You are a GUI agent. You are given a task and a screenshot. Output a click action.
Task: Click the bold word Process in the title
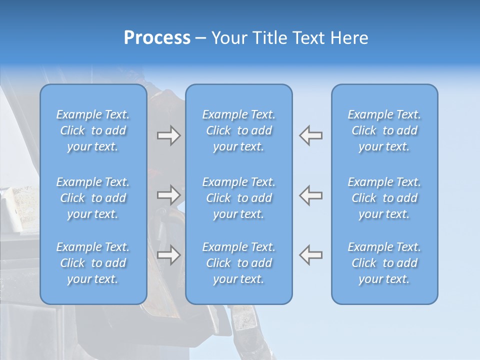157,38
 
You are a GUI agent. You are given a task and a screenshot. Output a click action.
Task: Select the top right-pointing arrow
168,135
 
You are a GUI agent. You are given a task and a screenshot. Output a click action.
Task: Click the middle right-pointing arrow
168,195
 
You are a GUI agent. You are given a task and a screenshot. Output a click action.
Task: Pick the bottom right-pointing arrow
168,255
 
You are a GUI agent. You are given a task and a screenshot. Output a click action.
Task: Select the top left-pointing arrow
310,135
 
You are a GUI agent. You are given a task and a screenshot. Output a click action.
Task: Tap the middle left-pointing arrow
310,195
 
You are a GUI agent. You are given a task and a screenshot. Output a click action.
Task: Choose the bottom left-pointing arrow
310,255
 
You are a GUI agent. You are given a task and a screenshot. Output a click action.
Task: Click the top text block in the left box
93,130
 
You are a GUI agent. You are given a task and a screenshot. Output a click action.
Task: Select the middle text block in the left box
93,198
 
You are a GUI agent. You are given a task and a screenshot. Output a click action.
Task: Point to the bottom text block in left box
93,263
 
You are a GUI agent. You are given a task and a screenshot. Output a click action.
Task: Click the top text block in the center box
239,130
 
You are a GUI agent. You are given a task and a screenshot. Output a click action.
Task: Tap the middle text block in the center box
239,198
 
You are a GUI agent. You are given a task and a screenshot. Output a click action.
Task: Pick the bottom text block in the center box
239,263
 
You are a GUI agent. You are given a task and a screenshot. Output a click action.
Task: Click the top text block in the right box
384,130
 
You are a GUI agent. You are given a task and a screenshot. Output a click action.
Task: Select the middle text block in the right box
384,198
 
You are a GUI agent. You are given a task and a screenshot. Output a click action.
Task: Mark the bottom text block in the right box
384,263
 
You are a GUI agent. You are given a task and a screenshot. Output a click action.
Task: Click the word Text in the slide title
310,38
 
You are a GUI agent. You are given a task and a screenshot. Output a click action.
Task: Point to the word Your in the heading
228,38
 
